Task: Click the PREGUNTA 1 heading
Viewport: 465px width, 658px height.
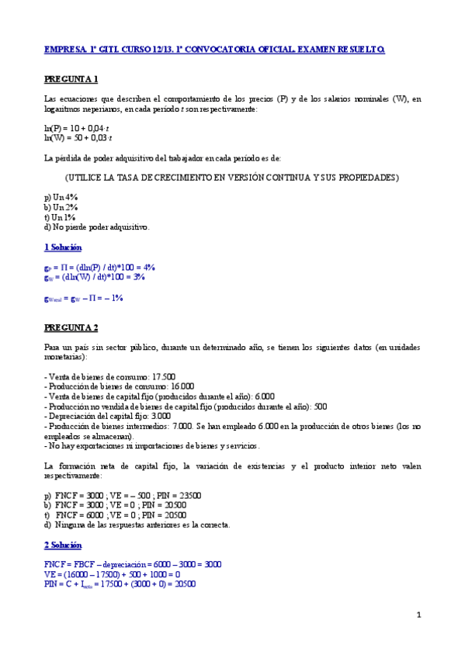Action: pyautogui.click(x=71, y=79)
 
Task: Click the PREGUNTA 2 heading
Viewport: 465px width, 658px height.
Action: pyautogui.click(x=71, y=327)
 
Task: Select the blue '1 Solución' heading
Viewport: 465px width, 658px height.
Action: pyautogui.click(x=63, y=247)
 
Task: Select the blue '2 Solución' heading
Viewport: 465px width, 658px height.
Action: pyautogui.click(x=63, y=545)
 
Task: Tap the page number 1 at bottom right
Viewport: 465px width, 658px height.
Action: pyautogui.click(x=418, y=615)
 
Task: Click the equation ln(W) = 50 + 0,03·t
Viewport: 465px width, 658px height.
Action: pyautogui.click(x=79, y=137)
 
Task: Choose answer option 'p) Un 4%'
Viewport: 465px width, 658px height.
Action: pyautogui.click(x=61, y=198)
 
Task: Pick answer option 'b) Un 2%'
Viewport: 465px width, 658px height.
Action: pyautogui.click(x=61, y=208)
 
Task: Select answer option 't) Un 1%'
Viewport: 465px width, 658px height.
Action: pyautogui.click(x=61, y=217)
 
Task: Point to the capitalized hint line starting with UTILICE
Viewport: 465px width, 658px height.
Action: pyautogui.click(x=231, y=178)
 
